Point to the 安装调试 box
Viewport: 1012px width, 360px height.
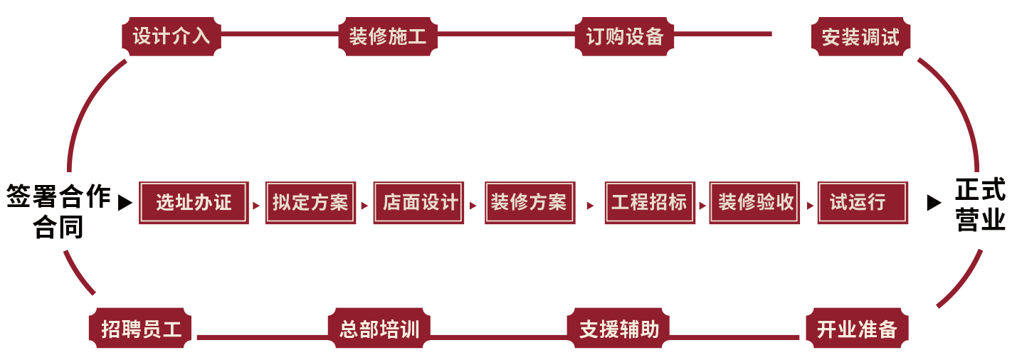pos(860,37)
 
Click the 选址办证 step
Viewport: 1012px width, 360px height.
pos(194,203)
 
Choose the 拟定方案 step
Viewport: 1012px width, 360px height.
pos(310,203)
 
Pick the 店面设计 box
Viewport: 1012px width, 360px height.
pos(419,203)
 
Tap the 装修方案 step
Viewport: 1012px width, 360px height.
pos(529,203)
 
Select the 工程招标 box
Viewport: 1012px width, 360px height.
pos(649,203)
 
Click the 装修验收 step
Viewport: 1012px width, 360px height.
pos(755,203)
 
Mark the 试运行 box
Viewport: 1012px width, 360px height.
pos(863,203)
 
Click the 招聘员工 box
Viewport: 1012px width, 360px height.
pos(141,329)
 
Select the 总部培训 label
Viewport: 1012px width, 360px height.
pos(379,329)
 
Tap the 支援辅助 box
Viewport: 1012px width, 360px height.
pos(618,329)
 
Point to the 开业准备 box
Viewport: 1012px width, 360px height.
pos(857,329)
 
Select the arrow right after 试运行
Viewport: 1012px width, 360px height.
pos(935,203)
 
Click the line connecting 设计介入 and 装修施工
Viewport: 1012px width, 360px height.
pos(279,33)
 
